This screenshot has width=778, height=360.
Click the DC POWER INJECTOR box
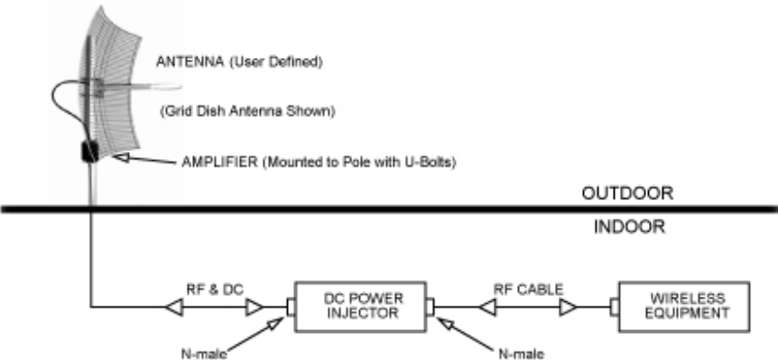pos(361,306)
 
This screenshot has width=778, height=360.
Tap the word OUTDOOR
pos(632,192)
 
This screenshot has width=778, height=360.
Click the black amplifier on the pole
pos(90,152)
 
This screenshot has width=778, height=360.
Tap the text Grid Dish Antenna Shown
pos(249,112)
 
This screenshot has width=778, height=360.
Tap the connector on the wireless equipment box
pos(613,307)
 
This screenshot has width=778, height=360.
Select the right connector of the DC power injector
pos(431,307)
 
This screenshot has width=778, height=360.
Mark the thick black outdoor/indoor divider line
pos(389,209)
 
